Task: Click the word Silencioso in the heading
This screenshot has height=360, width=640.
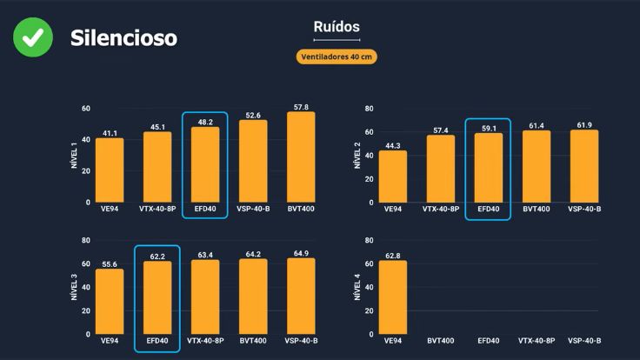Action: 123,38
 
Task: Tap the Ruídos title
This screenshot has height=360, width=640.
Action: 337,27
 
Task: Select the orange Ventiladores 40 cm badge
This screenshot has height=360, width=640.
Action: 337,57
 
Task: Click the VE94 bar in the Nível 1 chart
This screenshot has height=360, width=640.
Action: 110,170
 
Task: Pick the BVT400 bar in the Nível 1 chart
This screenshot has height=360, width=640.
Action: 301,157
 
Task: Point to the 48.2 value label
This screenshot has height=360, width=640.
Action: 205,122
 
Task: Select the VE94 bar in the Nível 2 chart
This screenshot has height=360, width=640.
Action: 392,177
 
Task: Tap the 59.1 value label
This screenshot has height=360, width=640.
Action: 488,127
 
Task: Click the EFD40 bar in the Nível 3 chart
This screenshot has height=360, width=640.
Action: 157,297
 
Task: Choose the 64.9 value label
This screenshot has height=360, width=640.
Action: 301,253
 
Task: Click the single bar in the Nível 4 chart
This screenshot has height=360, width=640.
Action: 392,297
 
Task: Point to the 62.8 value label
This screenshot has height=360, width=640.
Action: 392,256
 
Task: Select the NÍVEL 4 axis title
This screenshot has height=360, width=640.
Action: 357,286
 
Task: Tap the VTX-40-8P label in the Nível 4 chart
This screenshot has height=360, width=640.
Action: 537,341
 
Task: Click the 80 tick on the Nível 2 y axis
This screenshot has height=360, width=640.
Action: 370,109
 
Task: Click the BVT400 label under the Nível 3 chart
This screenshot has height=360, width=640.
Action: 253,341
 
